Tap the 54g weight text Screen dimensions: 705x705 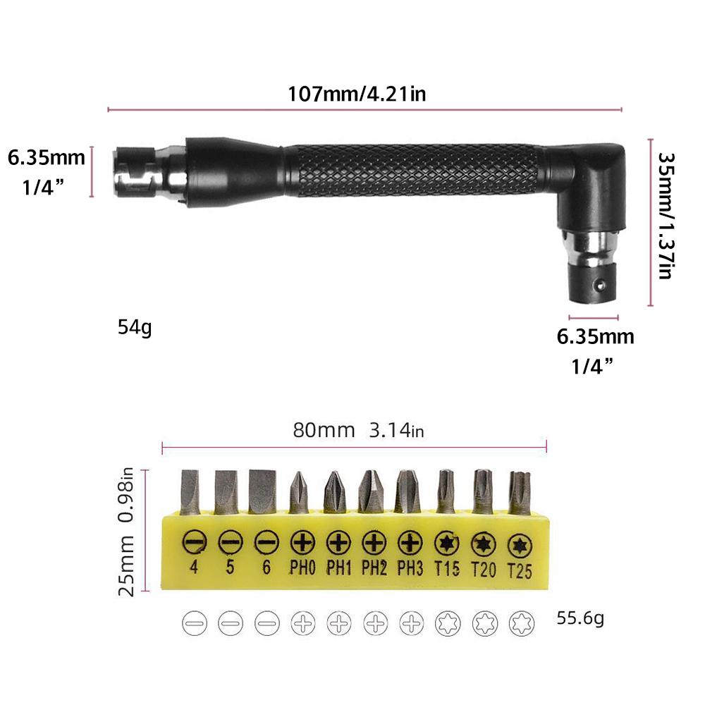click(135, 327)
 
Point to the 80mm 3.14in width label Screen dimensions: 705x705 click(358, 430)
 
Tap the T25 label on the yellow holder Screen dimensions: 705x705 click(519, 572)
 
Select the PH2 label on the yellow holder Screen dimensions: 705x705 click(374, 568)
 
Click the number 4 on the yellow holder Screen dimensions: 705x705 click(192, 566)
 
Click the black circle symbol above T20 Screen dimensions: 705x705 click(484, 544)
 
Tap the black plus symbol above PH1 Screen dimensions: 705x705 click(338, 542)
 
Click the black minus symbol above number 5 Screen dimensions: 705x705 click(229, 542)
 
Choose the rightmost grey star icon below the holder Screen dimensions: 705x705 click(520, 623)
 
